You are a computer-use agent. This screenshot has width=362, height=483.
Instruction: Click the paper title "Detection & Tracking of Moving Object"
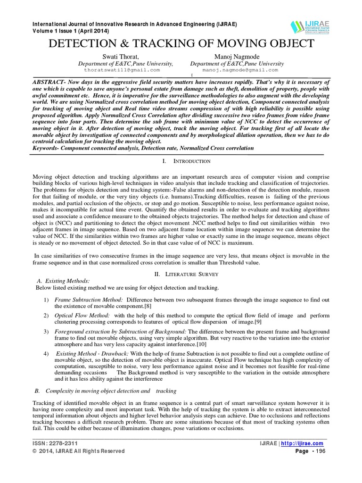[x=181, y=44]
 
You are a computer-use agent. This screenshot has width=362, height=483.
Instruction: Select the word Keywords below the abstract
[x=48, y=148]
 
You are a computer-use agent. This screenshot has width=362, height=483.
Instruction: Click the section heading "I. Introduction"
[x=186, y=161]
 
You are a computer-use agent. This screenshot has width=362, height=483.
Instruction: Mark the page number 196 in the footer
[x=319, y=451]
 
